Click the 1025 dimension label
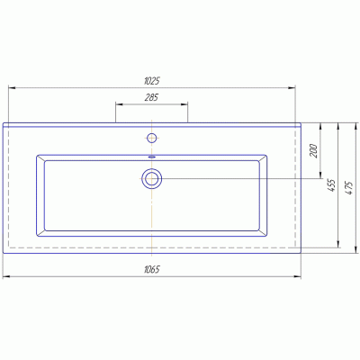(152, 81)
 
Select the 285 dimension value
(151, 97)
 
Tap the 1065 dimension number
(152, 269)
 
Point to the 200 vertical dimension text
(314, 151)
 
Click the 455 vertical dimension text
(332, 185)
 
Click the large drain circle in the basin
(152, 179)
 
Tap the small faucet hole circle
(152, 138)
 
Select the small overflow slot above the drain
(152, 157)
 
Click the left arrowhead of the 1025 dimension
(12, 88)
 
